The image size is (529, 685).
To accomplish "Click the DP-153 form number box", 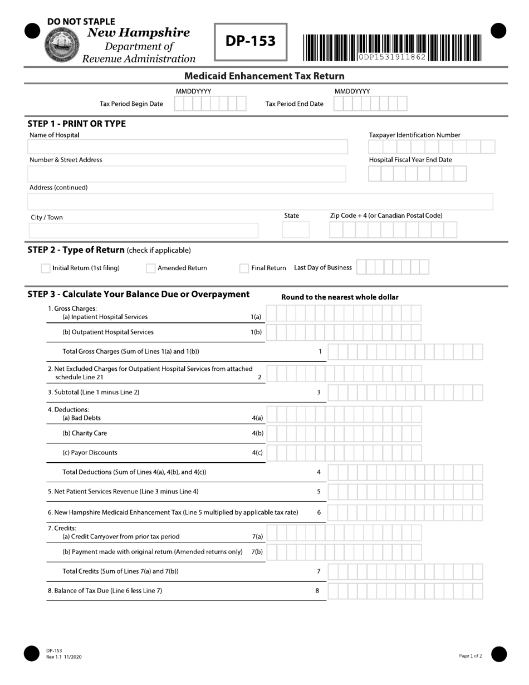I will coord(251,42).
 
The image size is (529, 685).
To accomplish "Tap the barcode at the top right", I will coord(393,47).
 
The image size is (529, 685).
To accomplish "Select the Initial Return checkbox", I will coord(46,268).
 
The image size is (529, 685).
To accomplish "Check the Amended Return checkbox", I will coord(150,268).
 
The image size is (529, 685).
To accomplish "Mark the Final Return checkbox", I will coord(244,268).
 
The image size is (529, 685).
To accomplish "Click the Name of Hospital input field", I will coord(187,147).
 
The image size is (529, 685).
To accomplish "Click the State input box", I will coord(296,230).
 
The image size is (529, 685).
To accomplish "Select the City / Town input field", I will coord(144,231).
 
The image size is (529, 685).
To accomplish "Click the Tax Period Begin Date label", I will coord(131,104).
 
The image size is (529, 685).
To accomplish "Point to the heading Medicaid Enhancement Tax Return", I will coord(264,76).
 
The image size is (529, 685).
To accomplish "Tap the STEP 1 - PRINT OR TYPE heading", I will coord(77,124).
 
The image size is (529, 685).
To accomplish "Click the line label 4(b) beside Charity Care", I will coord(257,433).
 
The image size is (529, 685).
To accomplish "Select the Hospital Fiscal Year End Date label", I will coord(410,160).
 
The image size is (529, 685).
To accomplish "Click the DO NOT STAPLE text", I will coord(81,22).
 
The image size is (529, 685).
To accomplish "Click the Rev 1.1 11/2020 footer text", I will coord(64,657).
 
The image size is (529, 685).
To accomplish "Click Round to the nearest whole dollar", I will coord(340,297).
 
